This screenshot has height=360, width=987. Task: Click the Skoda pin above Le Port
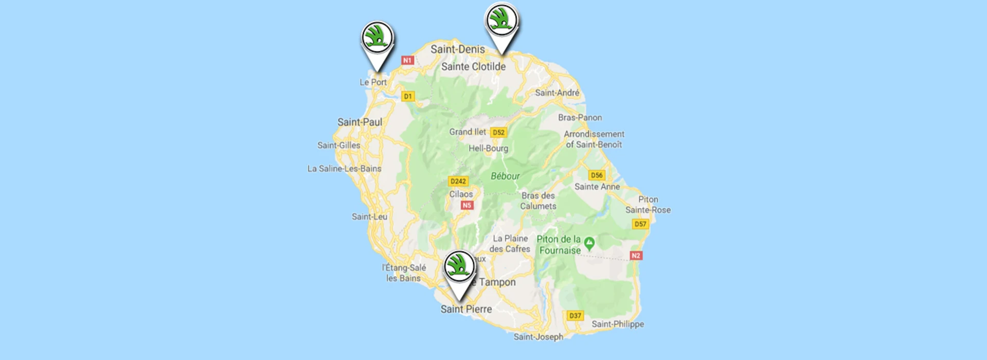click(378, 38)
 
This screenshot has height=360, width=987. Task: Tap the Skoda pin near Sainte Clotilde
click(501, 20)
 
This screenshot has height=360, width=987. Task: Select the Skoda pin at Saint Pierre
click(459, 266)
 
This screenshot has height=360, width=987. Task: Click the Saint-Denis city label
click(457, 49)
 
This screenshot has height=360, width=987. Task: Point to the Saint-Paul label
click(360, 122)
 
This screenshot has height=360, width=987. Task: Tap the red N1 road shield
click(408, 60)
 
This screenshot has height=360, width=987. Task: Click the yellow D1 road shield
click(408, 96)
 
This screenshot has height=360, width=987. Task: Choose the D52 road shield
click(498, 132)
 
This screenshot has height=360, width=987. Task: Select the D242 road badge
click(458, 181)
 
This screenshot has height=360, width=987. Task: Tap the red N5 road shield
click(466, 205)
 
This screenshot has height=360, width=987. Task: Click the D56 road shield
click(596, 175)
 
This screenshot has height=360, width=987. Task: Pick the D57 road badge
click(640, 224)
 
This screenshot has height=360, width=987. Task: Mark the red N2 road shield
click(636, 256)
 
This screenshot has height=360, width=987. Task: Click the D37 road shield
click(575, 315)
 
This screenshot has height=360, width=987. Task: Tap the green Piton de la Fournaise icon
click(589, 243)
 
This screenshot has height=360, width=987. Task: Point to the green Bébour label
click(505, 176)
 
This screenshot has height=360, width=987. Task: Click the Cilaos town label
click(461, 194)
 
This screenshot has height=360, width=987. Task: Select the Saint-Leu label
click(369, 217)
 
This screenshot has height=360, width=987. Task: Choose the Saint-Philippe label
click(617, 324)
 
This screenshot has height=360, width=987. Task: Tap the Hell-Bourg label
click(488, 149)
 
